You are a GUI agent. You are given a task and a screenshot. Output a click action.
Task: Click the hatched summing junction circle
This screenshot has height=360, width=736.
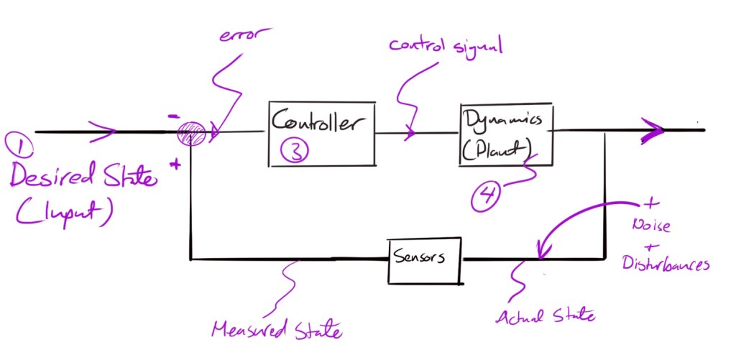point(193,133)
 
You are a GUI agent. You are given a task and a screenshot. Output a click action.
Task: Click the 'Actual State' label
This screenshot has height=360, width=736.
point(547,315)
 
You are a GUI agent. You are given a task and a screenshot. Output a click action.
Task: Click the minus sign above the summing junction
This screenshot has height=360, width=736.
point(172,116)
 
